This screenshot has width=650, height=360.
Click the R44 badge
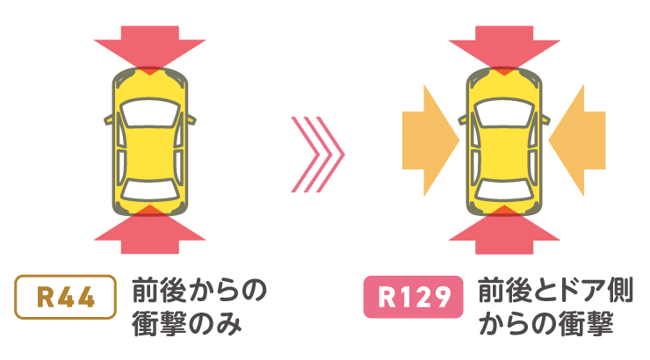click(x=66, y=298)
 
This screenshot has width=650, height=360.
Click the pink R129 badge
click(x=413, y=298)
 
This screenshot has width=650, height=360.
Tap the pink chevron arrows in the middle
click(x=317, y=155)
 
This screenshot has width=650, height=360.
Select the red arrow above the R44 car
click(x=150, y=46)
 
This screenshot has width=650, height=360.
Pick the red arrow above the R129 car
click(x=503, y=46)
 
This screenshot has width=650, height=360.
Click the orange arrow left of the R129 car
click(x=430, y=140)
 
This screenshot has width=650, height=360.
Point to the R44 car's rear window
click(x=150, y=187)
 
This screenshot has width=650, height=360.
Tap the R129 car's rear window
click(x=503, y=187)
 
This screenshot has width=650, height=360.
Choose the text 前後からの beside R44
click(x=199, y=289)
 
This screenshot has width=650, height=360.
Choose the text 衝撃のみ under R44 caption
click(x=186, y=322)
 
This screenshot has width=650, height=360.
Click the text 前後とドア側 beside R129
click(x=556, y=289)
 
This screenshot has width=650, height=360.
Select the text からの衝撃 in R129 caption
click(x=545, y=322)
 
